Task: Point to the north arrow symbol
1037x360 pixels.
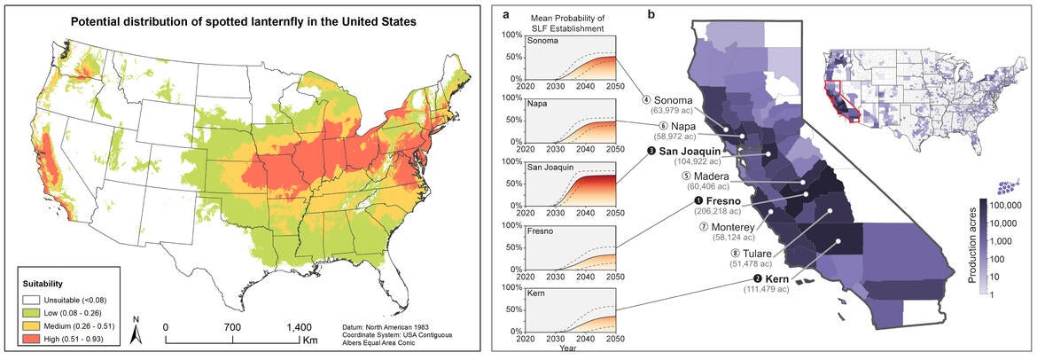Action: click(135, 332)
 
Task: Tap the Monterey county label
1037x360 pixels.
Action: click(727, 227)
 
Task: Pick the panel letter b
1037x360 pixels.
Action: click(652, 15)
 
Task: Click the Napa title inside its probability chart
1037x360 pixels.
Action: click(534, 103)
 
